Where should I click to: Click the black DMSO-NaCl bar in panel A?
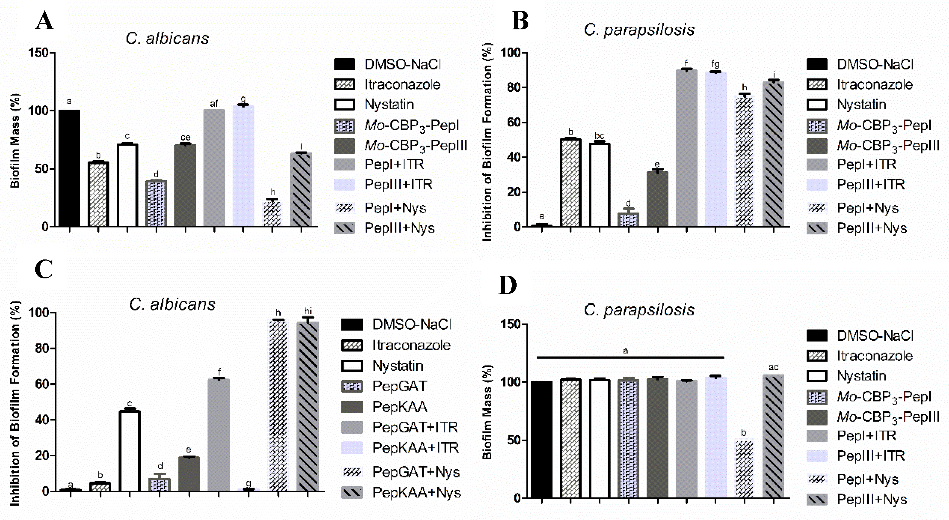[69, 168]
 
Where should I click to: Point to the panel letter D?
[507, 285]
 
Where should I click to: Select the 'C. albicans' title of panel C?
[172, 304]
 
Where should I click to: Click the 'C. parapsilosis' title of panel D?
[639, 309]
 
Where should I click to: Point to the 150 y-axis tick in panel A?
[39, 53]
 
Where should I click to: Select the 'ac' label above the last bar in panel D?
[773, 367]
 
